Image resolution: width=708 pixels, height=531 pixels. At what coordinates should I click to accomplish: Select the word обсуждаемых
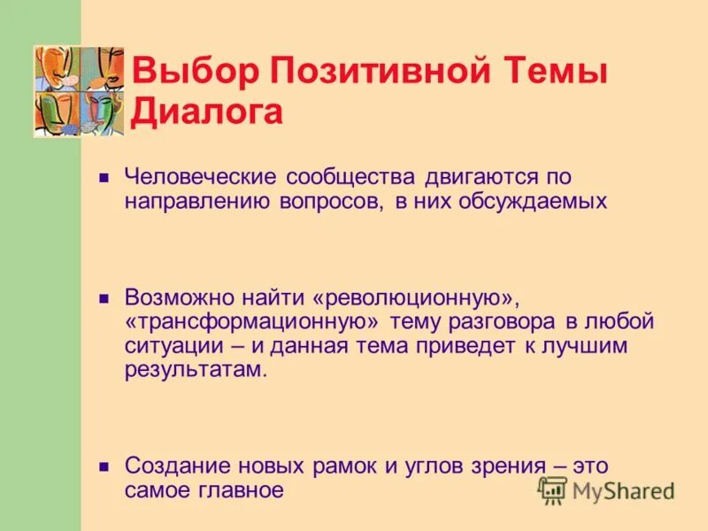click(x=533, y=200)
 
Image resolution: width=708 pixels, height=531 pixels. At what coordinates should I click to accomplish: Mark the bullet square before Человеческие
click(x=104, y=177)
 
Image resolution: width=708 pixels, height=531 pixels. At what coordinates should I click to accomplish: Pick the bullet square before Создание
click(x=104, y=466)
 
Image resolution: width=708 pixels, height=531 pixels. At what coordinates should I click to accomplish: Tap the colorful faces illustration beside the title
click(x=79, y=91)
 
